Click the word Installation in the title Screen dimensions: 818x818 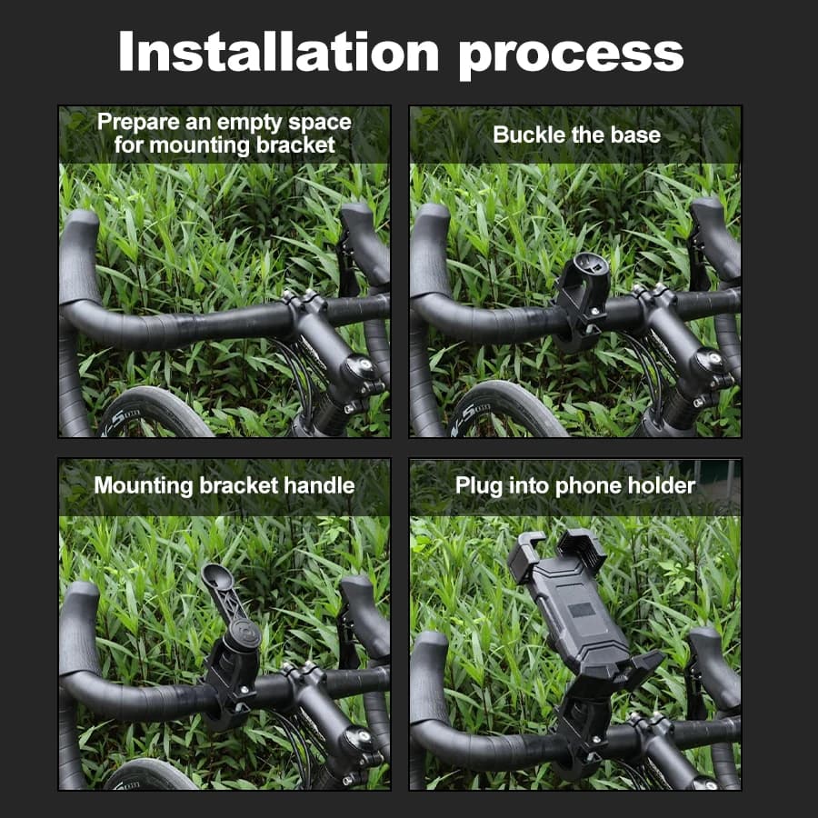(x=279, y=51)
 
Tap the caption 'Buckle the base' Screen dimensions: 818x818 (x=576, y=135)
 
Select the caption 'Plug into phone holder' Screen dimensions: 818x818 (x=575, y=485)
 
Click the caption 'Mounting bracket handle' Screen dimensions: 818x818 (x=224, y=485)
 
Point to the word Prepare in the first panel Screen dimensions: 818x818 (x=138, y=123)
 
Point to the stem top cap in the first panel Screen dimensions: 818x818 (x=359, y=366)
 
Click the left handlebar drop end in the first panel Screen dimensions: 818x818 (x=78, y=255)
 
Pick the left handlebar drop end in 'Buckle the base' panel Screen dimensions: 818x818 (x=429, y=251)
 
